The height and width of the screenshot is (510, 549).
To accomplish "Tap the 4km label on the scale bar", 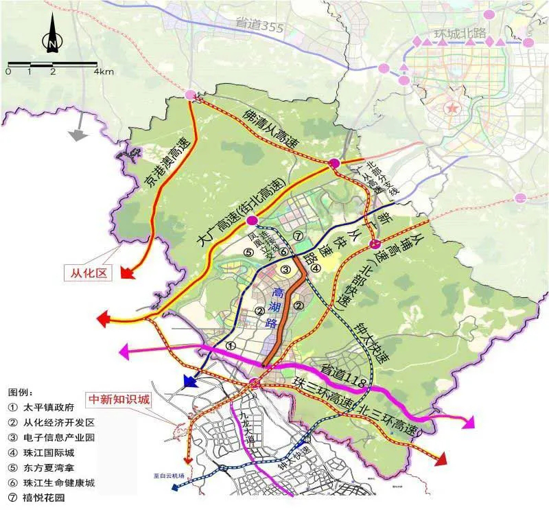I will tap(104, 71).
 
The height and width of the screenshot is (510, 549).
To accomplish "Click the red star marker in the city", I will tap(452, 108).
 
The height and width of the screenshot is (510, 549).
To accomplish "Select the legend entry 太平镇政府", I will tap(49, 407).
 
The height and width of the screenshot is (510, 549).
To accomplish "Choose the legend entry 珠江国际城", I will tap(49, 452).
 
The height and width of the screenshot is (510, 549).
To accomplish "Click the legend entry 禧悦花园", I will tap(44, 498).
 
